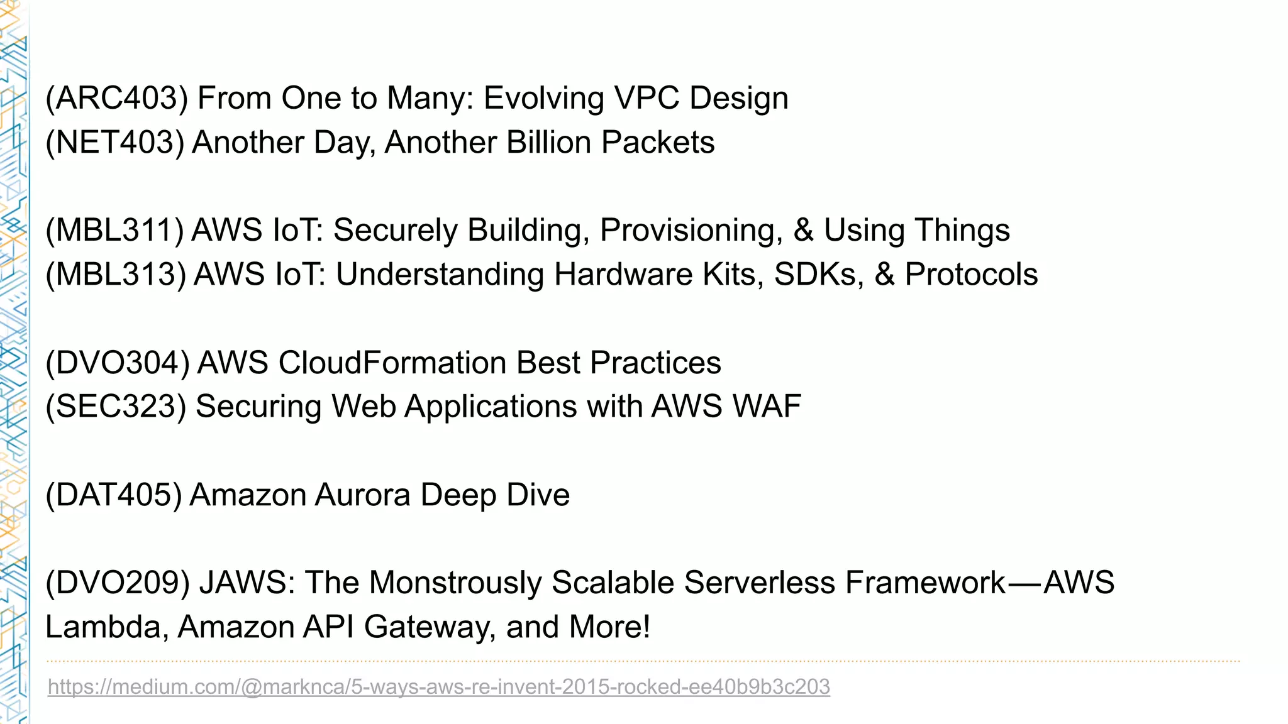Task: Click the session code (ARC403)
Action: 116,99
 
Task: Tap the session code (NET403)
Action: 114,143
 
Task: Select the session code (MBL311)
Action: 114,231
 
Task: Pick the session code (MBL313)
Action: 116,275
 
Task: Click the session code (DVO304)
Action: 117,363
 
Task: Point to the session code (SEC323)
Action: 116,407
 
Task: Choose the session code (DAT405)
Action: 113,495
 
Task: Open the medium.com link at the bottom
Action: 438,686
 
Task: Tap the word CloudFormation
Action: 392,363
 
